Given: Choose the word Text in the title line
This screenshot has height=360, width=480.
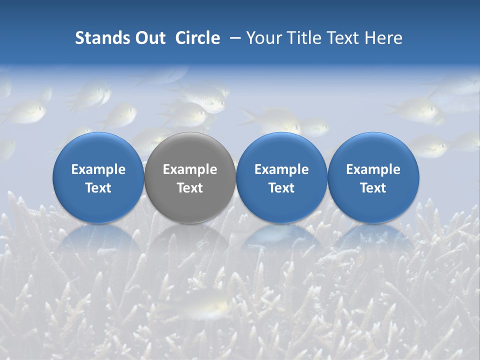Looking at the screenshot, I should point(340,38).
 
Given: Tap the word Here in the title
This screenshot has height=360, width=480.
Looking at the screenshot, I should point(383,38).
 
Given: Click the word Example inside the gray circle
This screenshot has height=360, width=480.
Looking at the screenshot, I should point(190,169).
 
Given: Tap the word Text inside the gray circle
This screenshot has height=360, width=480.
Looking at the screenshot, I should point(190,188).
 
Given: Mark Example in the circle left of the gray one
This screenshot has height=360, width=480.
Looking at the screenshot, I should point(98,169).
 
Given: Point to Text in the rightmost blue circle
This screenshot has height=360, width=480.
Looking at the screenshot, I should point(373,188).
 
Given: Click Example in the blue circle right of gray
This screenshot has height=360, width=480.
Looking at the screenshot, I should point(281,169).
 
